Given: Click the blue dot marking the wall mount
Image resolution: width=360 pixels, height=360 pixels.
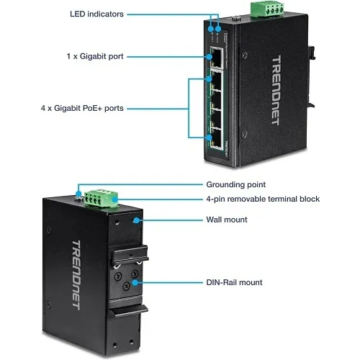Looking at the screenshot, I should pos(136,220).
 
